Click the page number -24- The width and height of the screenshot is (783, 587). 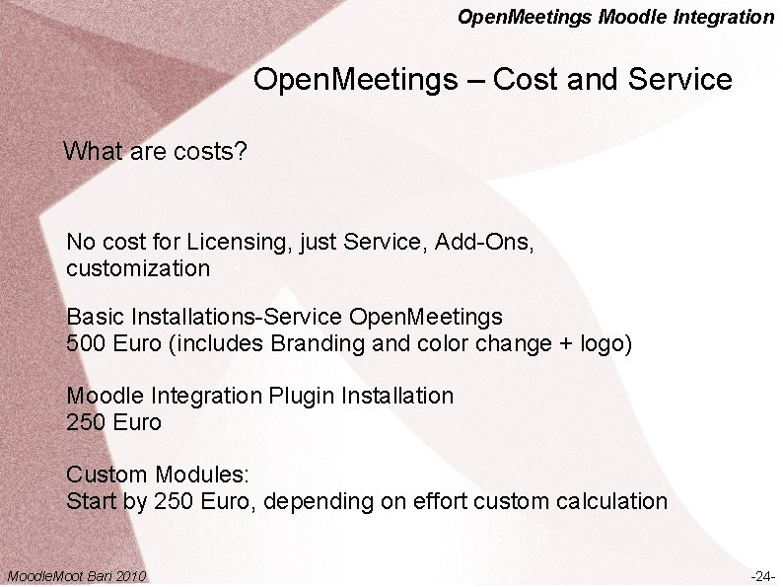762,576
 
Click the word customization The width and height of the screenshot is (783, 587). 138,268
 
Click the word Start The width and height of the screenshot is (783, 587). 90,501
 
